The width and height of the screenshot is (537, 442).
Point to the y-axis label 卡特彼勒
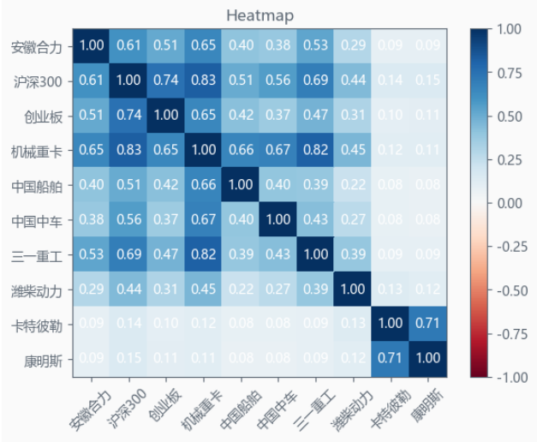38,325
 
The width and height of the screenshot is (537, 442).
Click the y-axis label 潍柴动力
38,290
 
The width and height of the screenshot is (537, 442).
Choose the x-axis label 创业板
164,403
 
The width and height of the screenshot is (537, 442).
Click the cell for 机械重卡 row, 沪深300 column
129,151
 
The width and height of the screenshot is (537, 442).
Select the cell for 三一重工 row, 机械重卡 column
203,254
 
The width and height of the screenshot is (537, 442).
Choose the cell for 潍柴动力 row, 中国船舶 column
240,290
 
